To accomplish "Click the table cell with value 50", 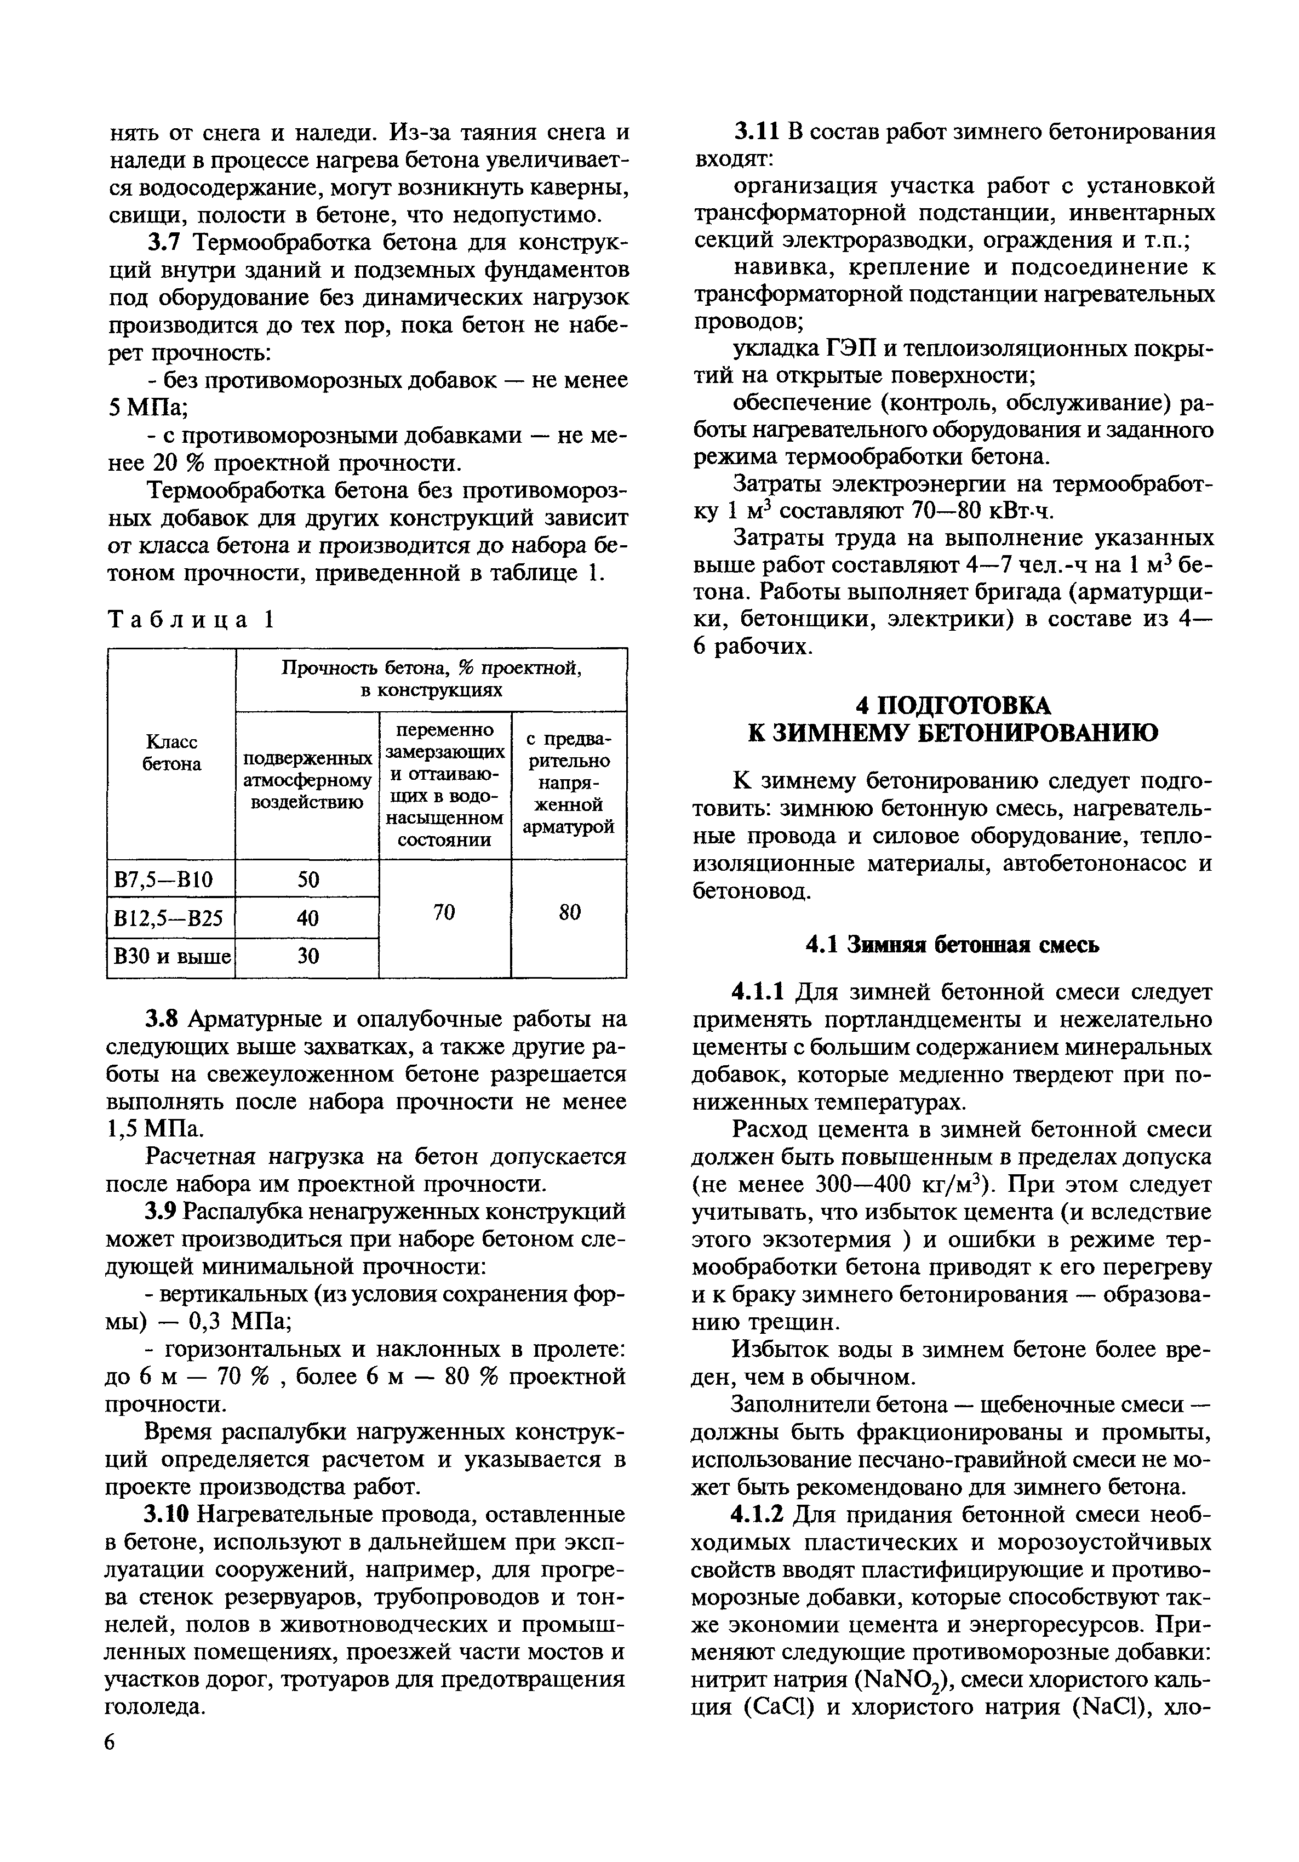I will [x=307, y=879].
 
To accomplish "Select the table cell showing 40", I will [x=307, y=917].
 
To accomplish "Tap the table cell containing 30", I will [x=307, y=956].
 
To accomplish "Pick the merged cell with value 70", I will [x=444, y=912].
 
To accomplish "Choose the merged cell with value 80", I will [x=569, y=912].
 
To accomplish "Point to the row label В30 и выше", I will [x=171, y=956].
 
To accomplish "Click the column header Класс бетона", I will [x=171, y=752].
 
